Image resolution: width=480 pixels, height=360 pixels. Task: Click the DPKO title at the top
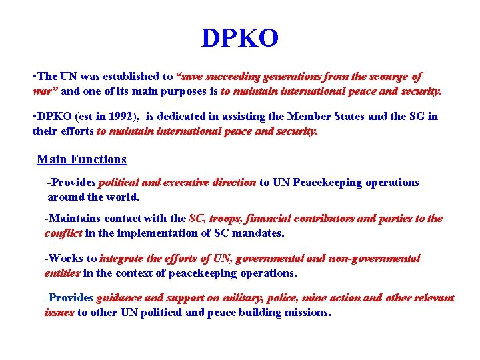240,39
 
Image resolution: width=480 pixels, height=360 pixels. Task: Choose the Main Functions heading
81,159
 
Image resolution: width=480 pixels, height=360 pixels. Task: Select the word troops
227,219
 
